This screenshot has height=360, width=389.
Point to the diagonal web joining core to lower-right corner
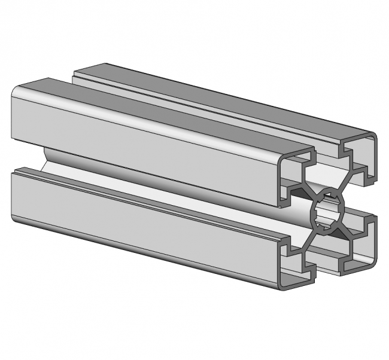(346, 230)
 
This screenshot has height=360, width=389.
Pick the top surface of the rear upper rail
(227, 99)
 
